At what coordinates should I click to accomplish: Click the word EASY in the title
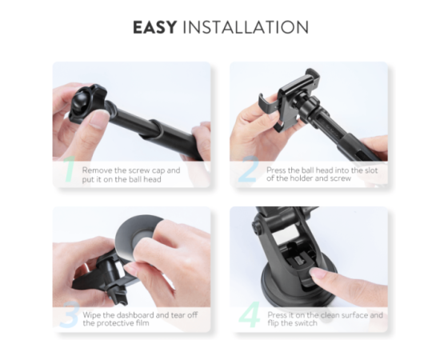[x=154, y=27]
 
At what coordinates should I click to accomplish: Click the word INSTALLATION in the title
[x=245, y=27]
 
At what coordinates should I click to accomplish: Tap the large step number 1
[x=69, y=169]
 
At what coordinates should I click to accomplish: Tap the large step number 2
[x=249, y=169]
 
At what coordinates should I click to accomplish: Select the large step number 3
[x=69, y=314]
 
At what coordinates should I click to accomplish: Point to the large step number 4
[x=249, y=314]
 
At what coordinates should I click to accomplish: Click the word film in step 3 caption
[x=142, y=323]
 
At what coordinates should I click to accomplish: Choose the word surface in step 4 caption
[x=354, y=315]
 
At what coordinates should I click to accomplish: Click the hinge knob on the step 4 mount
[x=257, y=226]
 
